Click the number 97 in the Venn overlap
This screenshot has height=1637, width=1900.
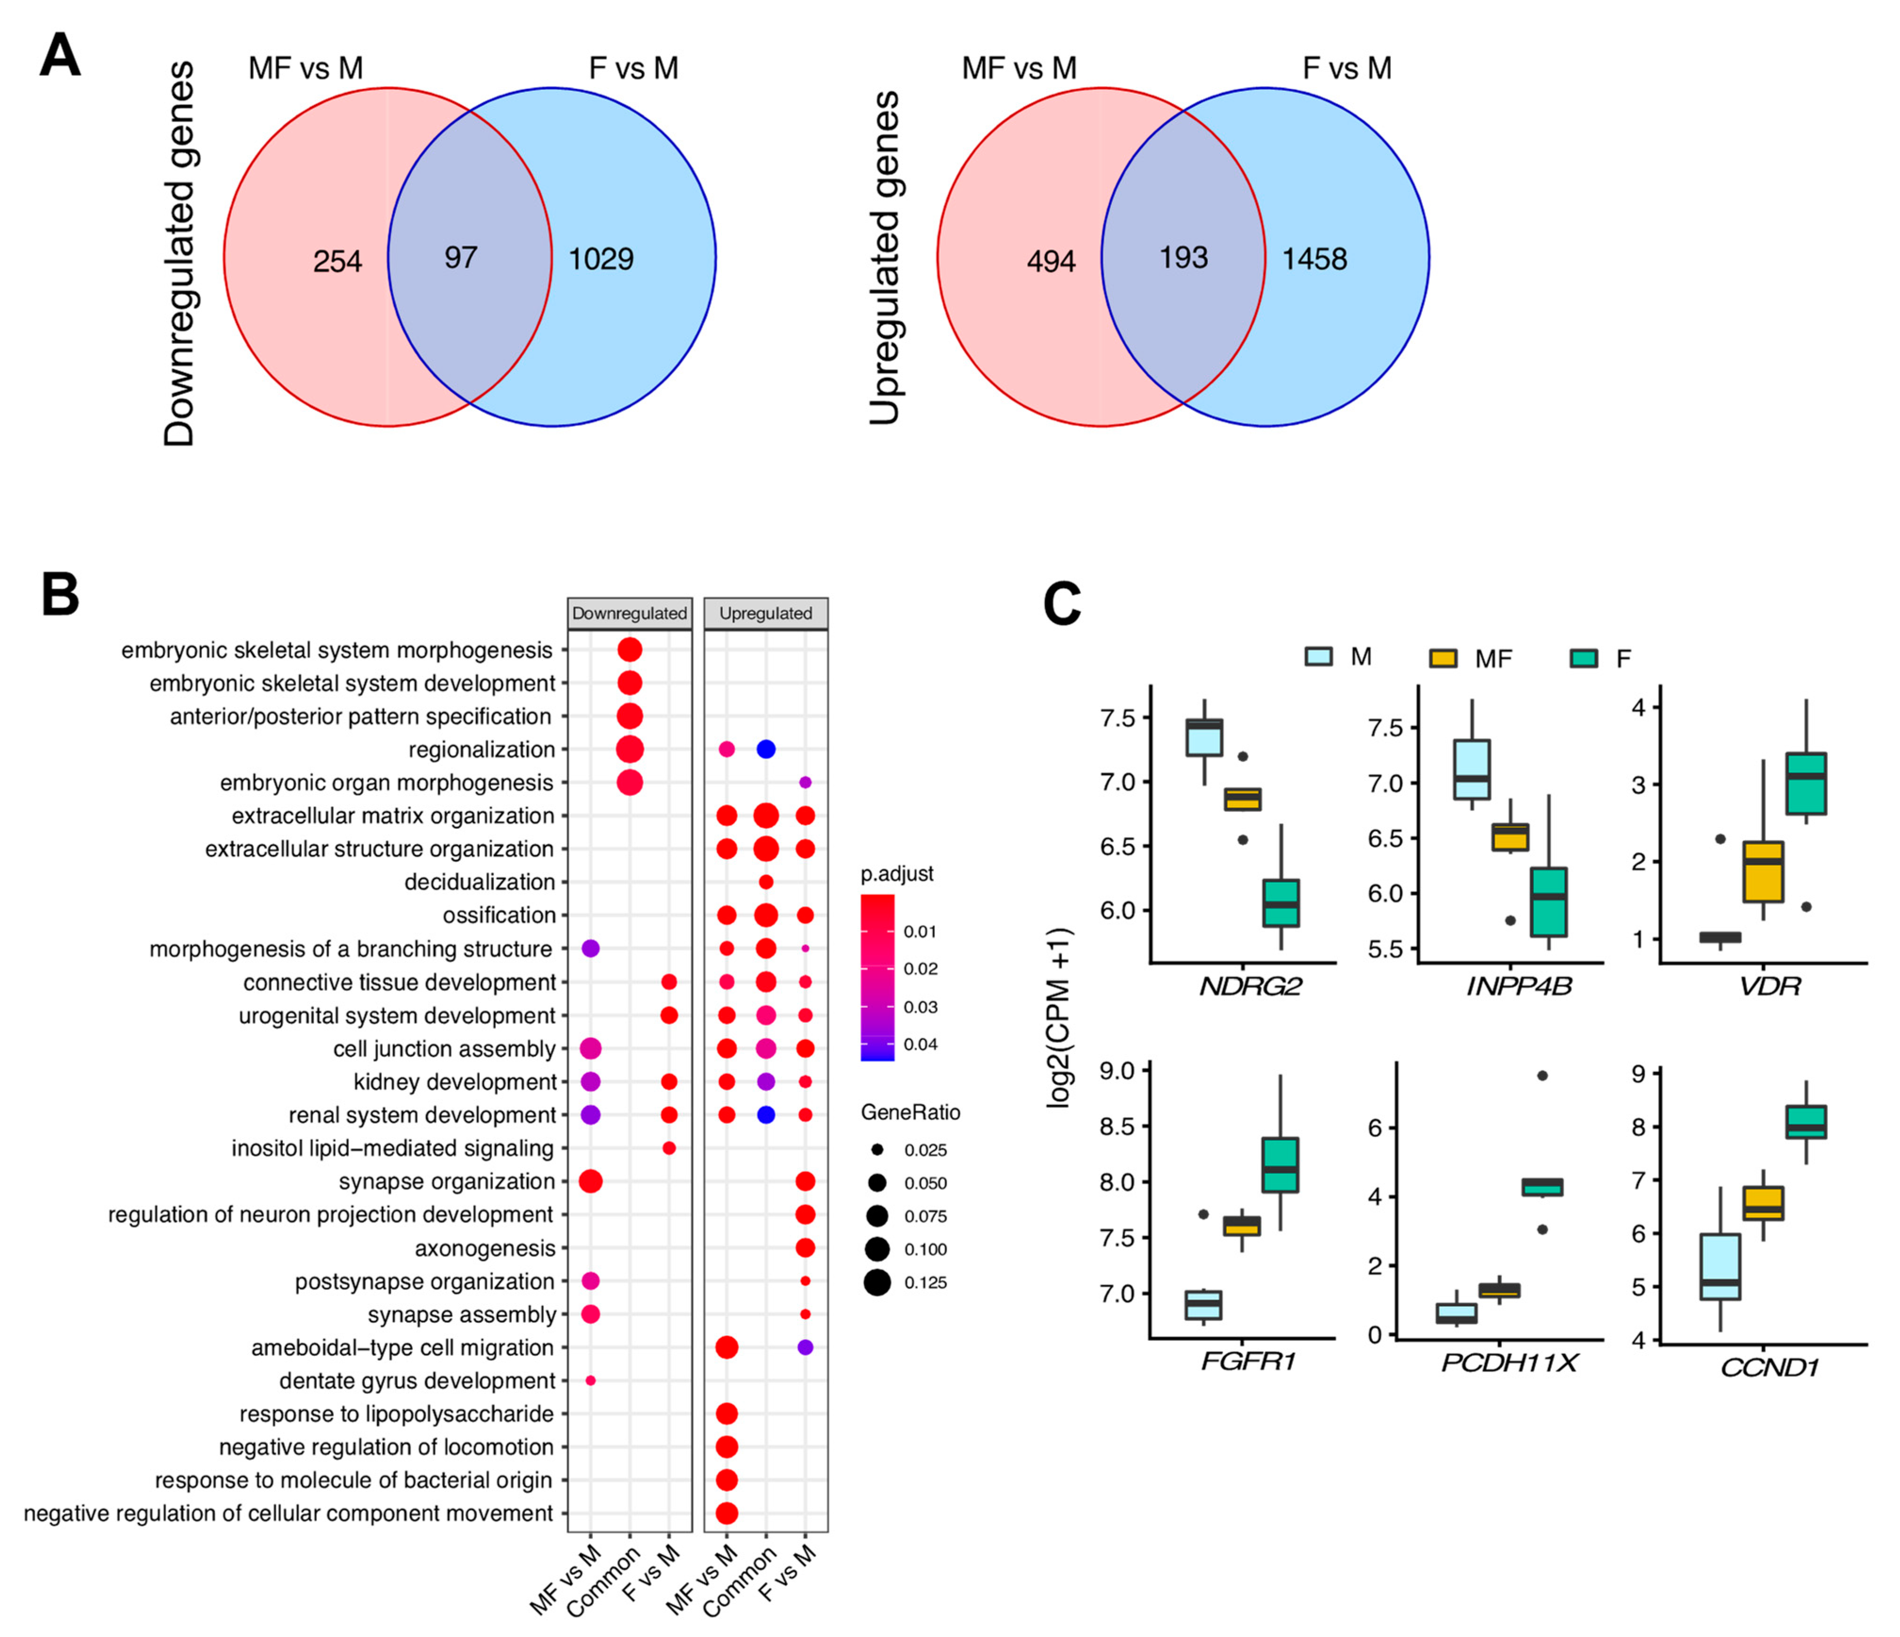click(x=460, y=258)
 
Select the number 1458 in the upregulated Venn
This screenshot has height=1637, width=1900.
click(x=1314, y=259)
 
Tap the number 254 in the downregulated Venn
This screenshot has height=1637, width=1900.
click(x=337, y=261)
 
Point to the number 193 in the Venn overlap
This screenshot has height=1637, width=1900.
click(x=1183, y=258)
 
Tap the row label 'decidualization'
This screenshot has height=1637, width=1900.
click(x=479, y=882)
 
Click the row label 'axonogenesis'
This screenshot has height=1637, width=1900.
click(x=485, y=1248)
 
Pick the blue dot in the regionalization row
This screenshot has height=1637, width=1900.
click(x=766, y=749)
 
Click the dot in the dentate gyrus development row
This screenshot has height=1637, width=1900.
click(x=591, y=1380)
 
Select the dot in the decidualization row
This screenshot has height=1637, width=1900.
click(x=766, y=882)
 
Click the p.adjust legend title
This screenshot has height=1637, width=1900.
click(x=897, y=874)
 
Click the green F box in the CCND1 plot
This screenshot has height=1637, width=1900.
click(x=1805, y=1122)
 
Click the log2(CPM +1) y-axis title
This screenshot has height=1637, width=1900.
click(x=1060, y=1018)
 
